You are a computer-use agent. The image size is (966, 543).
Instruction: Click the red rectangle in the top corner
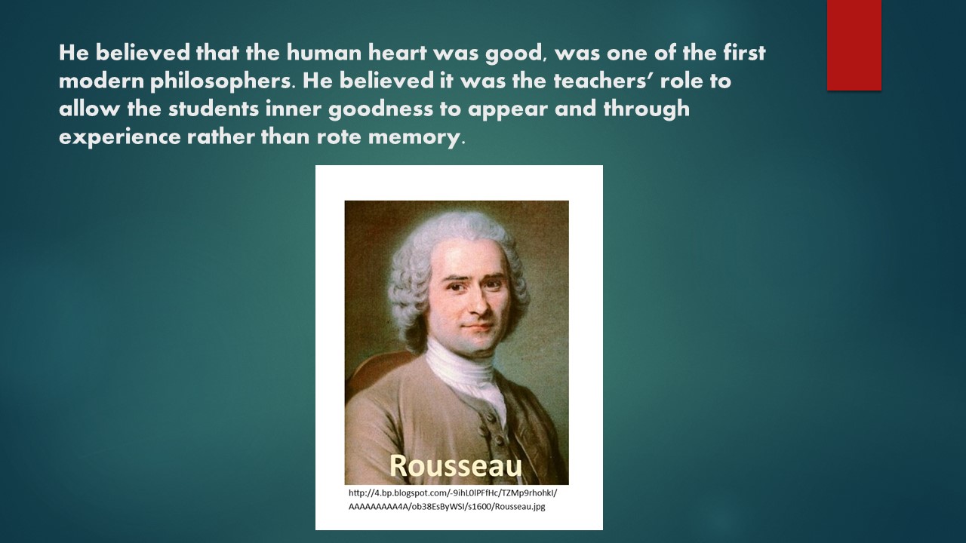click(854, 45)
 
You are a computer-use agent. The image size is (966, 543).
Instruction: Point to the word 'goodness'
click(380, 109)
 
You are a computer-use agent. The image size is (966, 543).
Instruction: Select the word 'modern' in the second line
click(101, 81)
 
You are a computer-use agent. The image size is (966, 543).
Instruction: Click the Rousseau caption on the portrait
click(456, 465)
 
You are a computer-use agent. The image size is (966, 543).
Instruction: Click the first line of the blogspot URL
click(453, 492)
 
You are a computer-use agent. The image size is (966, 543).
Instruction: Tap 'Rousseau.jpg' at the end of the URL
click(520, 506)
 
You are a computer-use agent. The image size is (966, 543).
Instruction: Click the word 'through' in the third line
click(647, 109)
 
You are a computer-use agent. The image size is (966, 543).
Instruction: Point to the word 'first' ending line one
click(744, 53)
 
